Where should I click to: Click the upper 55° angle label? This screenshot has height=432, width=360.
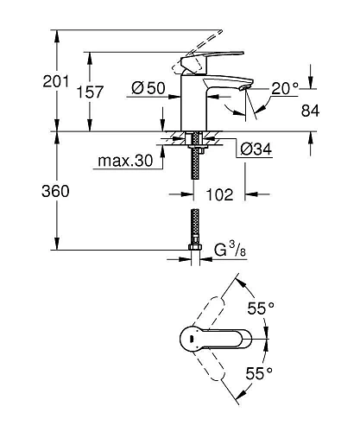click(x=261, y=308)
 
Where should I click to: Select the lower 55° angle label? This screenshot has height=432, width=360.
click(x=261, y=372)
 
